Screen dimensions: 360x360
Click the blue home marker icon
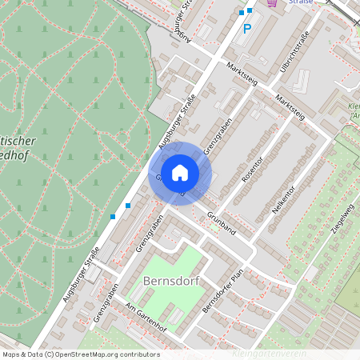[180, 172]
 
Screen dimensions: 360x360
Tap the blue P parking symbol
[247, 29]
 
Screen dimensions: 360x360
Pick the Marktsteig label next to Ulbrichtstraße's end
[290, 107]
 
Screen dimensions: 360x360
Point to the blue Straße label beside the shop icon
[302, 3]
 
